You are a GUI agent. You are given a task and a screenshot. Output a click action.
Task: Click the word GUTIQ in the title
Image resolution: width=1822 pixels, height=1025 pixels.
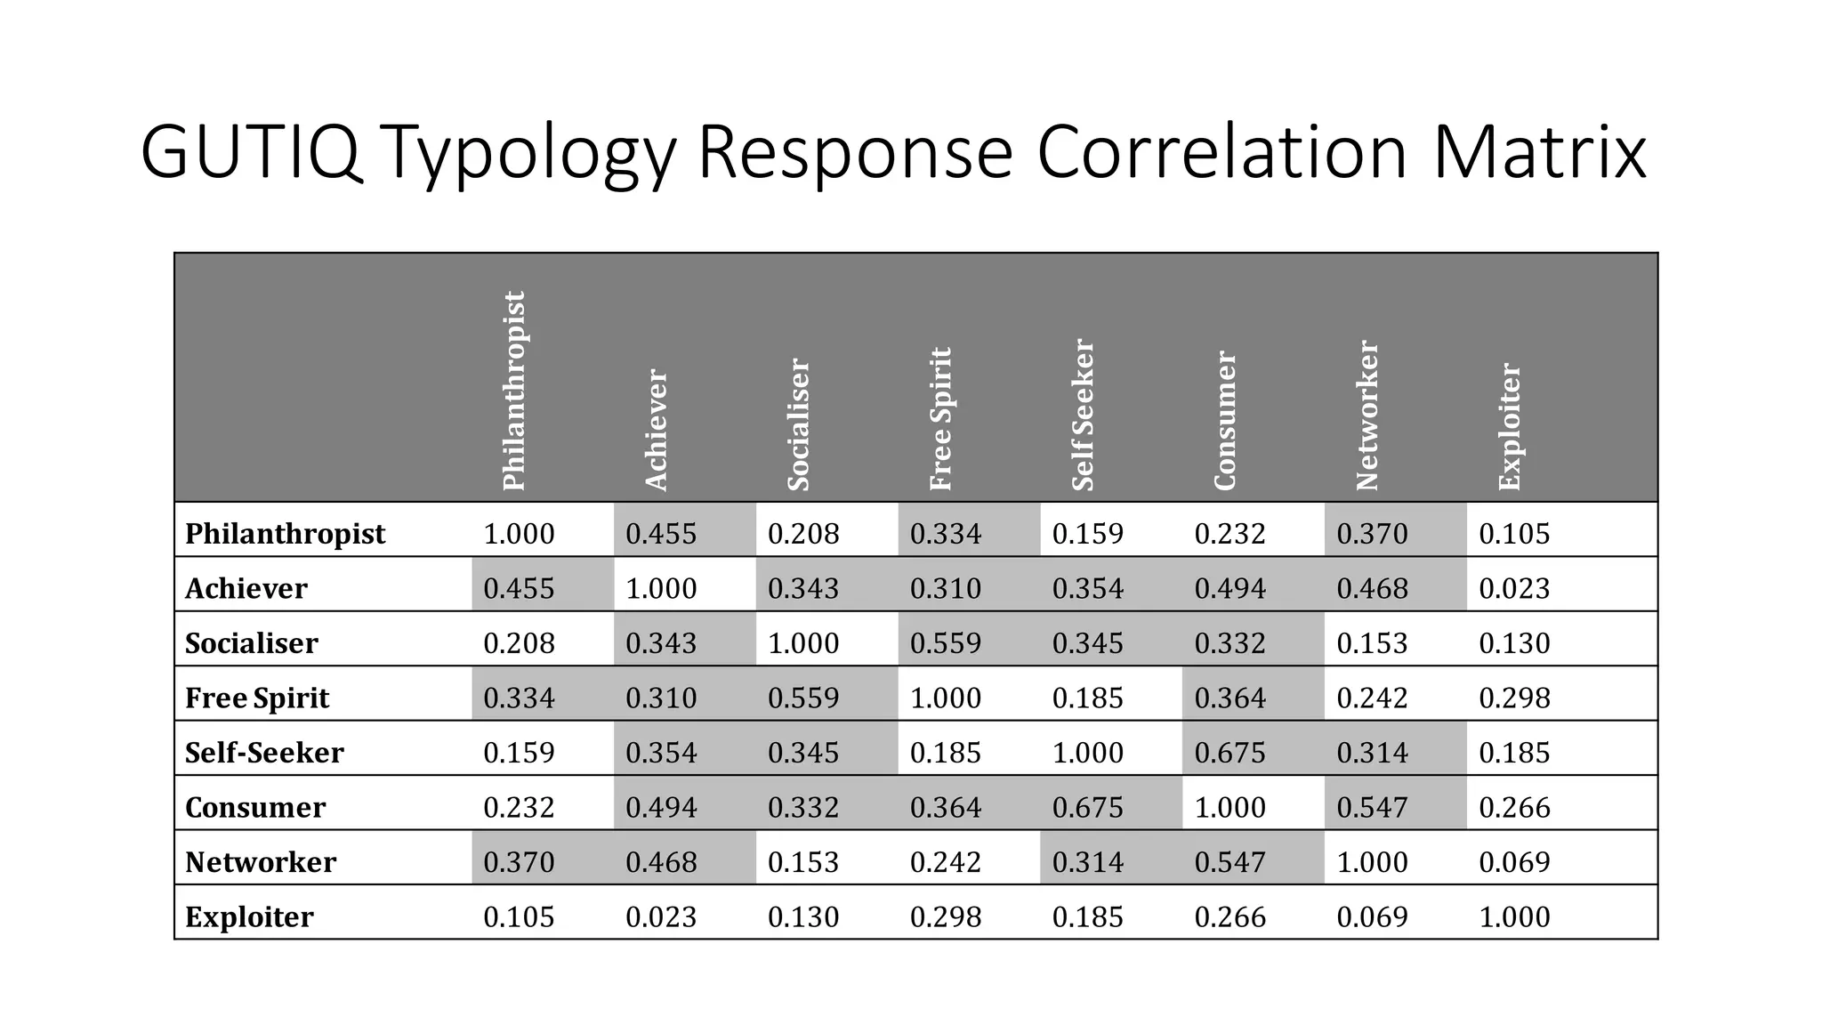[x=251, y=152]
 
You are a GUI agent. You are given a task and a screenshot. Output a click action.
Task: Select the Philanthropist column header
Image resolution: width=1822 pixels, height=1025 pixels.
[x=515, y=391]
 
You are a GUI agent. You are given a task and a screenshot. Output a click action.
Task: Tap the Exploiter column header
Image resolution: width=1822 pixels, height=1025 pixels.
[x=1510, y=426]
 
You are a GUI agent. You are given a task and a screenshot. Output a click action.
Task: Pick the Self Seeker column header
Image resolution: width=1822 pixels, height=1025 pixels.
[x=1083, y=415]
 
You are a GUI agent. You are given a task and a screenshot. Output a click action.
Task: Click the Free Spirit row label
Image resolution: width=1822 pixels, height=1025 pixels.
[x=257, y=698]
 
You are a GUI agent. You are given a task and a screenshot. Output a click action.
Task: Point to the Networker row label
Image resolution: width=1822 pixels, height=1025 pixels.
[x=261, y=861]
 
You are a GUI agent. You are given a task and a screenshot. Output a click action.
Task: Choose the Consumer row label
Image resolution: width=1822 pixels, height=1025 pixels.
[x=255, y=807]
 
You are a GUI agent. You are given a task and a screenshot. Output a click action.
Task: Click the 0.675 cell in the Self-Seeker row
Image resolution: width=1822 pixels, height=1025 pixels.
[x=1229, y=753]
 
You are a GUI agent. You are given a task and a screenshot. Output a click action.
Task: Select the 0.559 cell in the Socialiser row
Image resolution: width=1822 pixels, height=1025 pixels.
[x=945, y=643]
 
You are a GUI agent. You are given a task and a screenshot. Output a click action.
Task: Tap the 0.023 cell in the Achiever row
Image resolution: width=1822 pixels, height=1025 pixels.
[x=1514, y=588]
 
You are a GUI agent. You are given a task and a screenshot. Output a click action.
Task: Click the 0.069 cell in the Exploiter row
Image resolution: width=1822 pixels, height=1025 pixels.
[x=1372, y=916]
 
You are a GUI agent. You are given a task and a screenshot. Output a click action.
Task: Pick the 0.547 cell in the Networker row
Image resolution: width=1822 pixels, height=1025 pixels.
[x=1229, y=861]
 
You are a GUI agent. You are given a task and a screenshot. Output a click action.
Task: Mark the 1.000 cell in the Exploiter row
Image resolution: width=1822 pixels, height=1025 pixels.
[x=1514, y=916]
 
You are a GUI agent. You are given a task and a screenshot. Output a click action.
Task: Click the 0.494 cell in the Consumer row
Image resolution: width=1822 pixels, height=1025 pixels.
[x=661, y=807]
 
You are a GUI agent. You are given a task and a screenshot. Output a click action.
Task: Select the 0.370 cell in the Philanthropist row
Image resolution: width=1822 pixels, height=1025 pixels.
[x=1372, y=534]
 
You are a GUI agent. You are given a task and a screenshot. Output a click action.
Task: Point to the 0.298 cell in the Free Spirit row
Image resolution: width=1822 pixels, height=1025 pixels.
[x=1514, y=698]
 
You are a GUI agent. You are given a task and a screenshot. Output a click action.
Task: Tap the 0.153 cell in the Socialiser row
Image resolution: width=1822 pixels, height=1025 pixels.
[x=1372, y=643]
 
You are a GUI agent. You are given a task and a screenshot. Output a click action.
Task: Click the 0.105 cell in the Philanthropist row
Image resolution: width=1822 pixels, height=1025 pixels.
[x=1514, y=534]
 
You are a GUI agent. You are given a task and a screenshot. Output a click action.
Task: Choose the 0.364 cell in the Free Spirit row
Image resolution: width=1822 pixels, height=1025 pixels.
[x=1229, y=698]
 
